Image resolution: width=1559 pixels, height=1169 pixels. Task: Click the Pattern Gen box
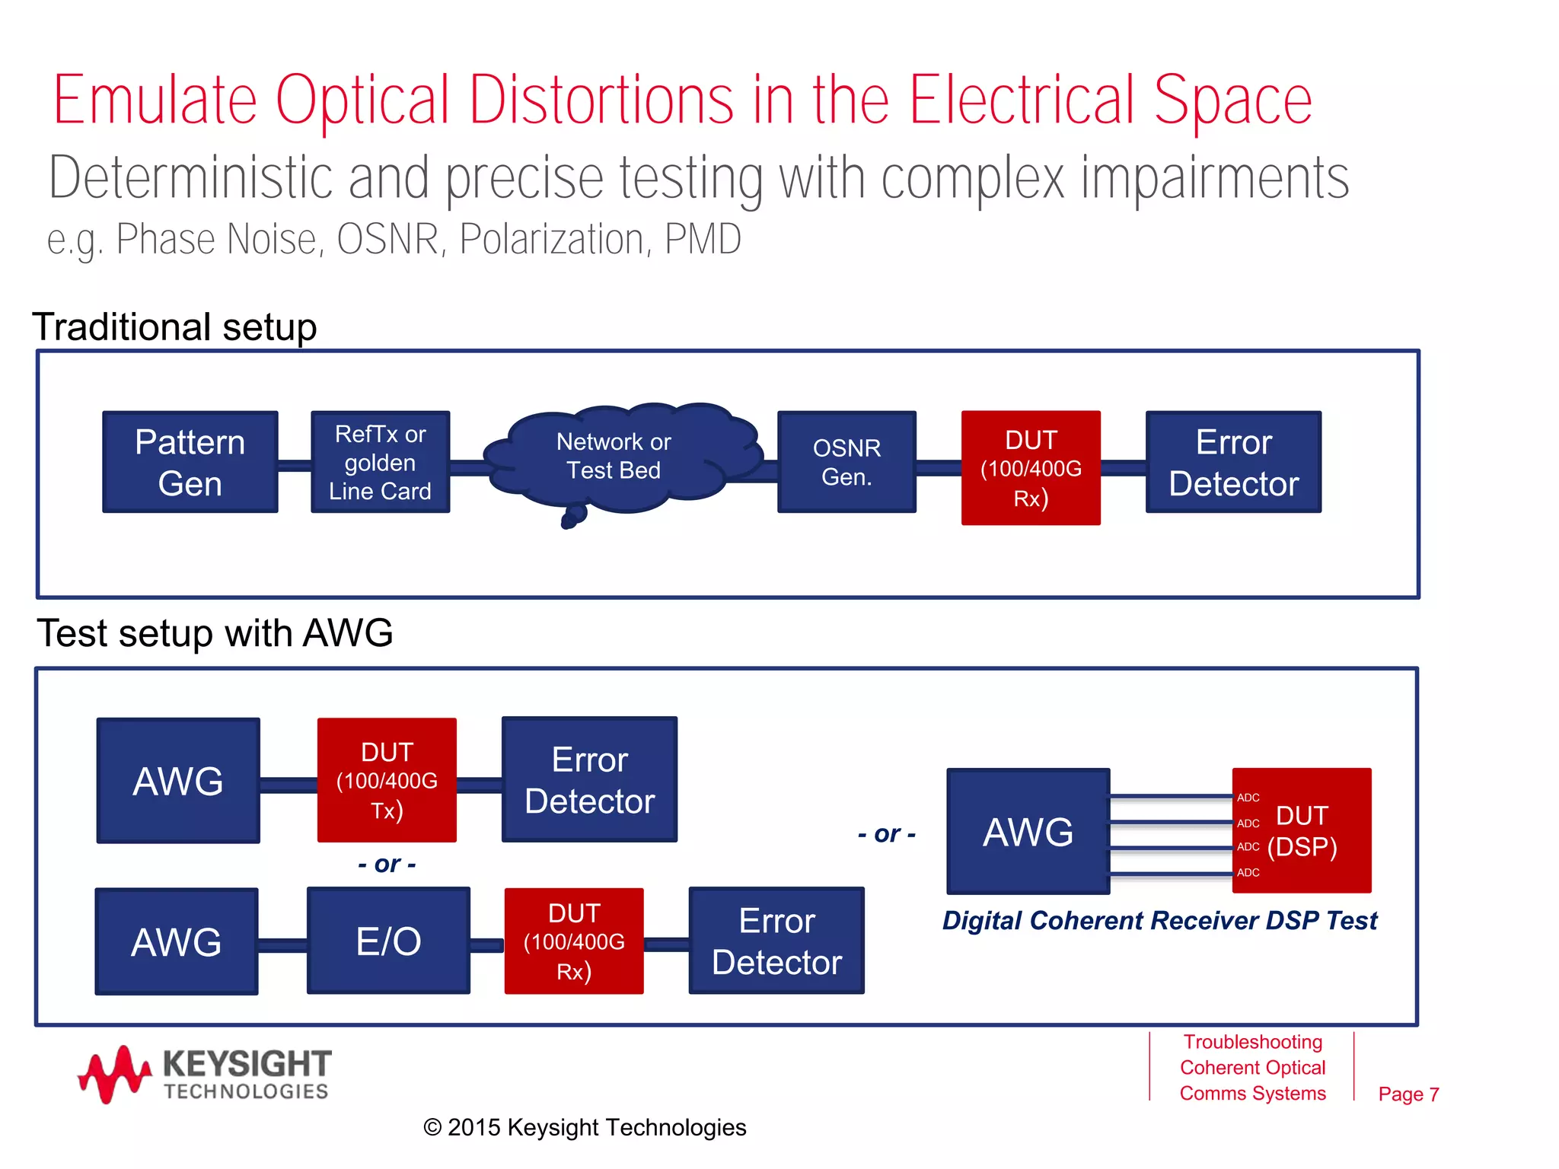pyautogui.click(x=190, y=462)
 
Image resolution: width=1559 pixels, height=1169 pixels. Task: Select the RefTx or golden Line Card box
pyautogui.click(x=380, y=462)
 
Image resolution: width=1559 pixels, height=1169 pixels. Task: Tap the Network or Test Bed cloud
pyautogui.click(x=614, y=457)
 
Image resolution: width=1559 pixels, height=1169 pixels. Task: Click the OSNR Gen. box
pyautogui.click(x=846, y=462)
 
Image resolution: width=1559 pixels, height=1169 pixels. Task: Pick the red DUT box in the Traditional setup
pyautogui.click(x=1031, y=467)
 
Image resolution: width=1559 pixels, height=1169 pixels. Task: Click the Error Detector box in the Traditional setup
pyautogui.click(x=1233, y=462)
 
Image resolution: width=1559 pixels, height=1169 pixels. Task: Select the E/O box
pyautogui.click(x=388, y=941)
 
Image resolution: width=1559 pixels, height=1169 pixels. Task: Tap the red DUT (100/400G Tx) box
pyautogui.click(x=387, y=780)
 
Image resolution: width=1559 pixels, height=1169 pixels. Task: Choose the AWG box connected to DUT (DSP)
pyautogui.click(x=1028, y=831)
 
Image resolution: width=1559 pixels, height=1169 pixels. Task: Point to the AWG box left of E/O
pyautogui.click(x=177, y=941)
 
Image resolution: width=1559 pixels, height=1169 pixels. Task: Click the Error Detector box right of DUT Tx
pyautogui.click(x=589, y=779)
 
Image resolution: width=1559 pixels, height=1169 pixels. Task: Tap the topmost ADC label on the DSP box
pyautogui.click(x=1248, y=798)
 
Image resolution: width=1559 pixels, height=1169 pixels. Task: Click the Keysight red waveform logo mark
pyautogui.click(x=114, y=1073)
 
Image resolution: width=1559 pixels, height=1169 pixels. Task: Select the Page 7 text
pyautogui.click(x=1408, y=1094)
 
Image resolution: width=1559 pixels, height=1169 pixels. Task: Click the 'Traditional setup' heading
pyautogui.click(x=174, y=326)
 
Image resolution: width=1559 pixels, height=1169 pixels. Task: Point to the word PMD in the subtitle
pyautogui.click(x=703, y=239)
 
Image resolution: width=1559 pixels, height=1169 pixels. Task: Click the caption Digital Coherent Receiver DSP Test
pyautogui.click(x=1159, y=920)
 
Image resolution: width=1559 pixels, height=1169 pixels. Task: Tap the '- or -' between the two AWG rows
pyautogui.click(x=387, y=864)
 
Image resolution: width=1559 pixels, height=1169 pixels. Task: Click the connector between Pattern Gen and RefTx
pyautogui.click(x=295, y=465)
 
